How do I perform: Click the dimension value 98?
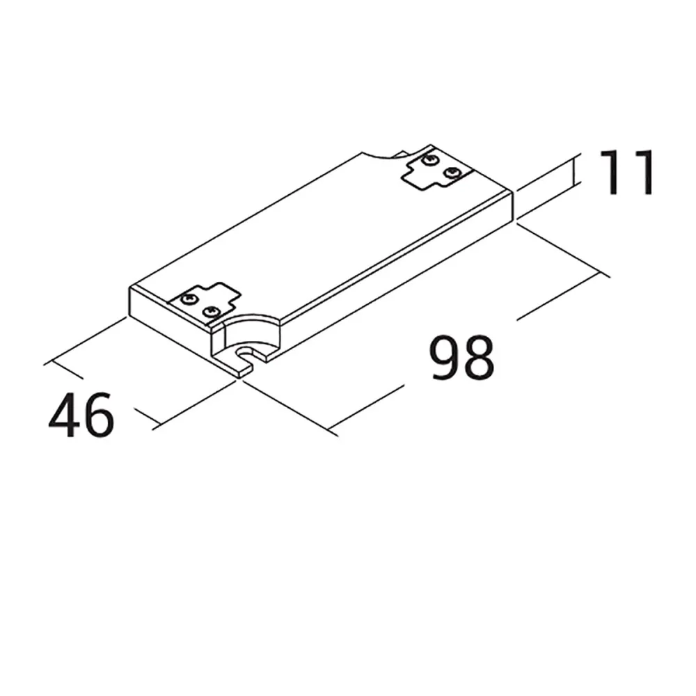tap(462, 358)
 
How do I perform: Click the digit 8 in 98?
tap(479, 358)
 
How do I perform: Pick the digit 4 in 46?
tap(63, 415)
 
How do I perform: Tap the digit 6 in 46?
tap(97, 415)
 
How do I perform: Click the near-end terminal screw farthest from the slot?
tap(187, 299)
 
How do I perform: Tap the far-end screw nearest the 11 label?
tap(453, 171)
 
